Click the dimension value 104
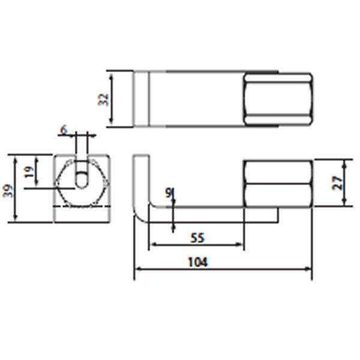pos(197,262)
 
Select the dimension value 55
pos(197,238)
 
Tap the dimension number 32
pos(104,100)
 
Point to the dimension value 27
pos(338,183)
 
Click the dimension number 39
pos(7,190)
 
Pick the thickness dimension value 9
pos(169,193)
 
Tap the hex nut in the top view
pos(278,100)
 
